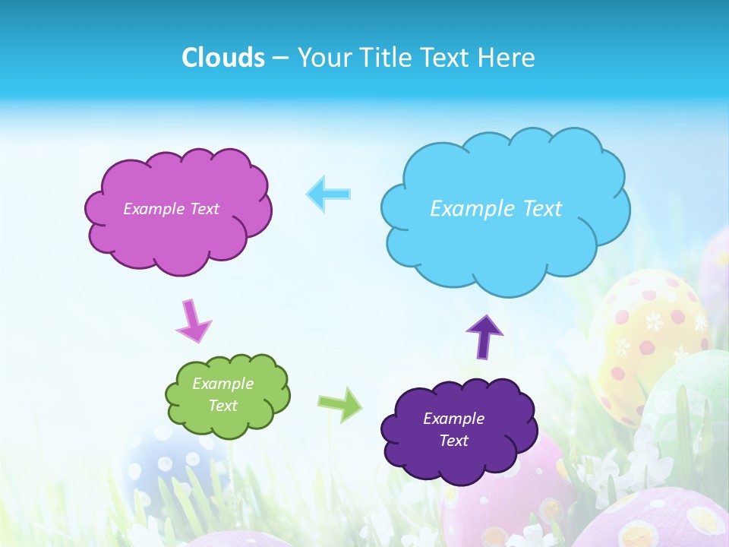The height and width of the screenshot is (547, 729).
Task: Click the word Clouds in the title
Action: [223, 58]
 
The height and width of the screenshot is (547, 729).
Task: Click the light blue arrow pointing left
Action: [328, 194]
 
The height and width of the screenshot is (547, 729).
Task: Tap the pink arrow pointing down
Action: [194, 321]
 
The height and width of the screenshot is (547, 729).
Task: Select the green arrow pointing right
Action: [339, 404]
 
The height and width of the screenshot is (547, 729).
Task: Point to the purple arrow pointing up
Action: [484, 336]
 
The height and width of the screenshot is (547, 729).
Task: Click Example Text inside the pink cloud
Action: [171, 209]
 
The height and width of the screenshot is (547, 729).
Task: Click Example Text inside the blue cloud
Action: [496, 209]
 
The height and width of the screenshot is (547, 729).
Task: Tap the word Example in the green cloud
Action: [222, 384]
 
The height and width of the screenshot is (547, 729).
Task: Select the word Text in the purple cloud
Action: [454, 441]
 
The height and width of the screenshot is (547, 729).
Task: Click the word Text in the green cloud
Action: [222, 406]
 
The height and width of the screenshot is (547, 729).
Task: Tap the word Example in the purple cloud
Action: [453, 419]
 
